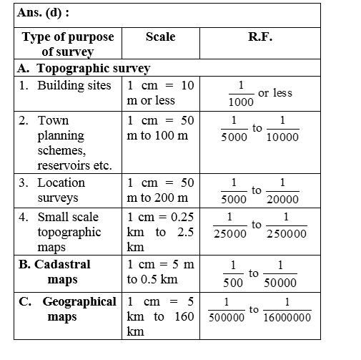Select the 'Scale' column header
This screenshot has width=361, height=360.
click(x=159, y=37)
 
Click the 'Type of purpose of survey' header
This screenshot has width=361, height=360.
click(x=67, y=44)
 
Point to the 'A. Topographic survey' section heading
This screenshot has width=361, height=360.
click(x=84, y=69)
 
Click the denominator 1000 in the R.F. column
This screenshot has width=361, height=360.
click(x=240, y=102)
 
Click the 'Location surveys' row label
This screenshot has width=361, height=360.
click(x=61, y=190)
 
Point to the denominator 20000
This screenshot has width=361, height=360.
click(x=282, y=200)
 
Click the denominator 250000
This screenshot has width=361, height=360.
click(x=286, y=233)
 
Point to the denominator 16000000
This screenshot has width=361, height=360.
click(x=286, y=317)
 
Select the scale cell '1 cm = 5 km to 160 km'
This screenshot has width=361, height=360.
click(x=159, y=316)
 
